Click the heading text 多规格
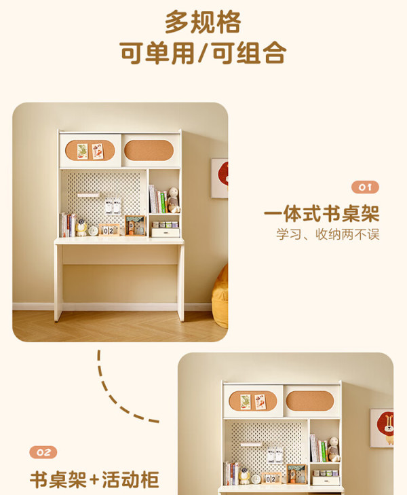pos(203,22)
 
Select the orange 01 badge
pos(365,187)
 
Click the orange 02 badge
pos(43,452)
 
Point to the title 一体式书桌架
pos(322,214)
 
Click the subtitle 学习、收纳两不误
pos(328,234)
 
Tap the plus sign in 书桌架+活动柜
pos(94,480)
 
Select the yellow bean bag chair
pos(220,297)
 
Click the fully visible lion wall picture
pos(382,428)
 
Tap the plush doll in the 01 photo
pos(173,200)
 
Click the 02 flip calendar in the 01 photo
pos(109,230)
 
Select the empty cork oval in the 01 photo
pos(149,151)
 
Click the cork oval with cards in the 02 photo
pos(253,401)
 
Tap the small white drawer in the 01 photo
pos(166,233)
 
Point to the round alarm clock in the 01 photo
pos(93,231)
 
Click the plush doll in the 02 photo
pos(333,450)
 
